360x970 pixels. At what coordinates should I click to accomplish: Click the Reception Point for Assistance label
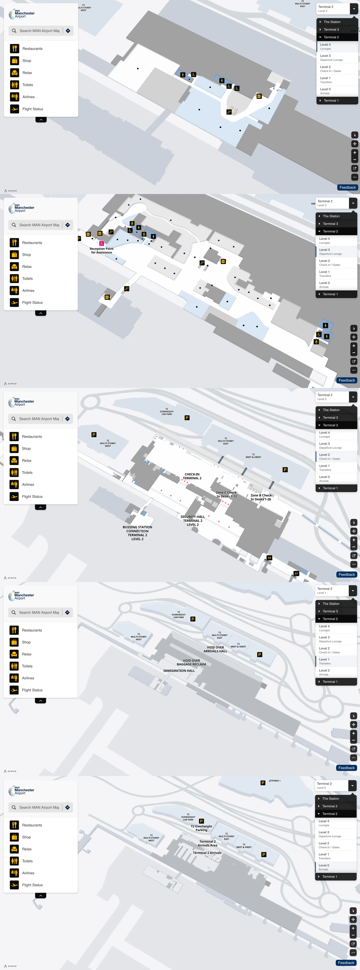pyautogui.click(x=101, y=250)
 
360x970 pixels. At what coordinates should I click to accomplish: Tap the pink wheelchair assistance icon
pyautogui.click(x=101, y=243)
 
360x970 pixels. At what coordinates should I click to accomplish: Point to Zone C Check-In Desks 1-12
pyautogui.click(x=227, y=494)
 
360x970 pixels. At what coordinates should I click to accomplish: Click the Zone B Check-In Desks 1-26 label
pyautogui.click(x=261, y=497)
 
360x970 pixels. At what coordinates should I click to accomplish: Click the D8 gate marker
pyautogui.click(x=269, y=558)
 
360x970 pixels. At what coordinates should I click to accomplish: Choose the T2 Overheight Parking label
pyautogui.click(x=201, y=828)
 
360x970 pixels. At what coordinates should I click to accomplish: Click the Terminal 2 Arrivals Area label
pyautogui.click(x=208, y=843)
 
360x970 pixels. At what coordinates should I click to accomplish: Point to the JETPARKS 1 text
pyautogui.click(x=275, y=781)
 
